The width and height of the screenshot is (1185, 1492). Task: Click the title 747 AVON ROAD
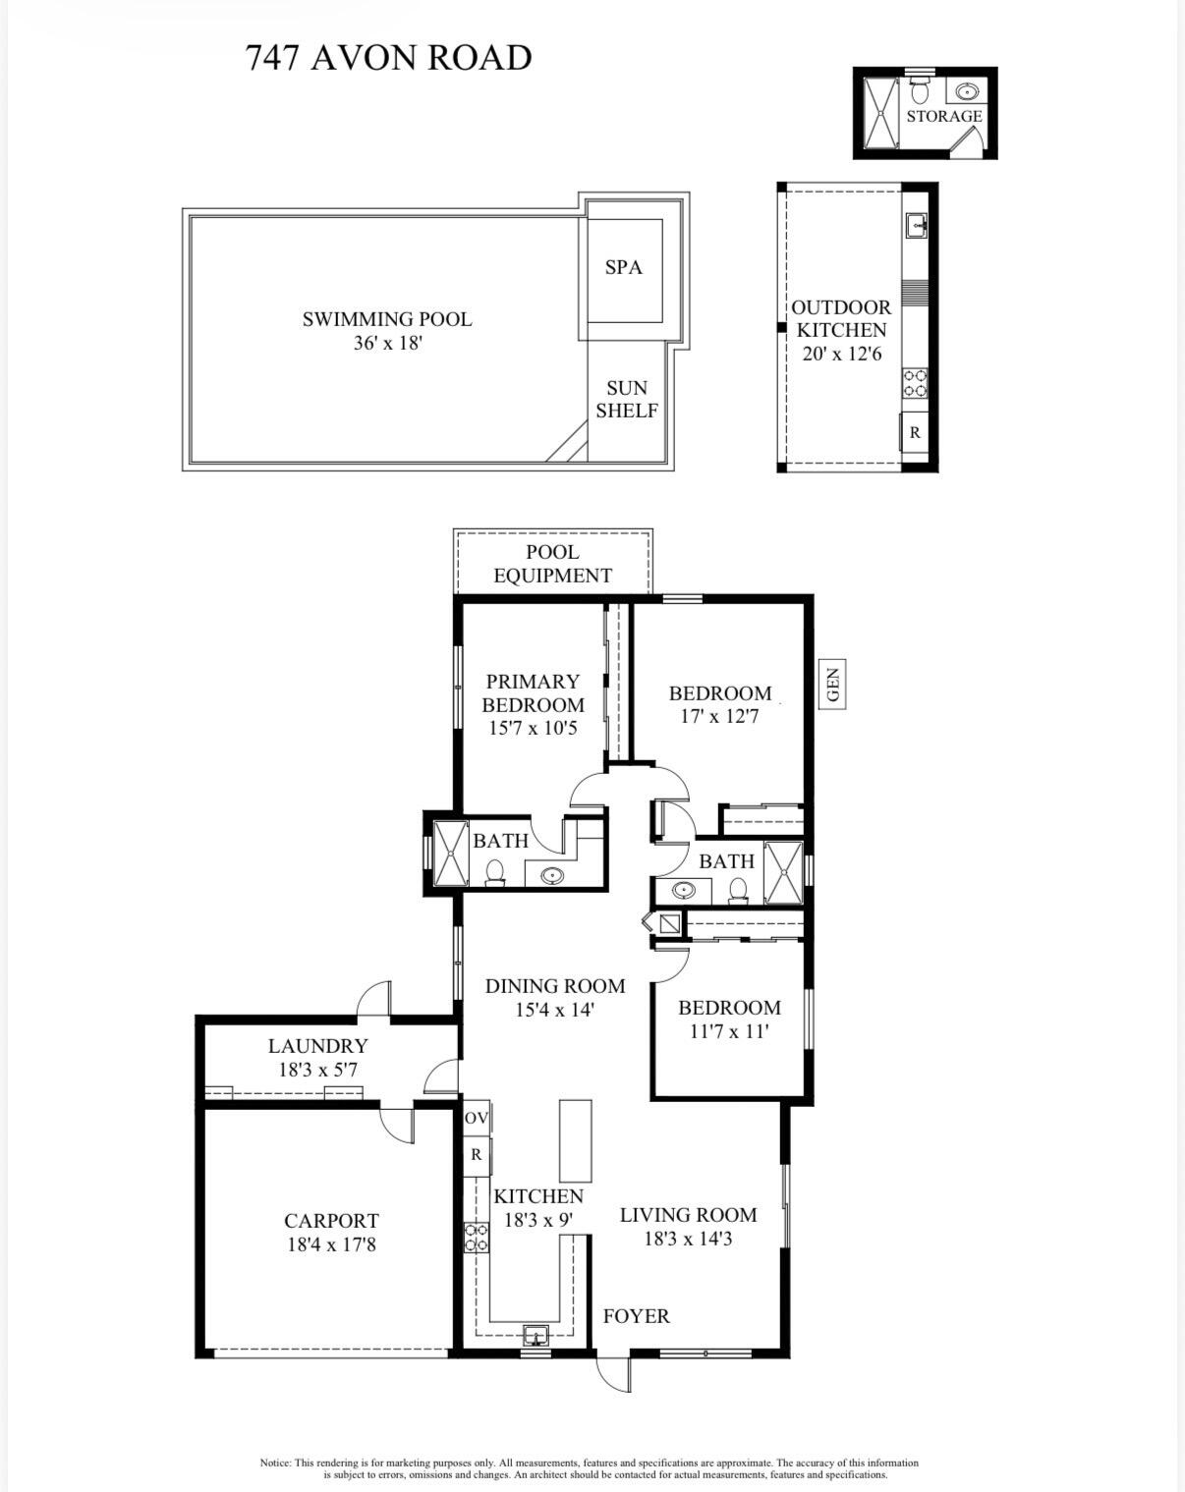click(x=388, y=58)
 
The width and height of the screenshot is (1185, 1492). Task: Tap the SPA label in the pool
click(x=623, y=267)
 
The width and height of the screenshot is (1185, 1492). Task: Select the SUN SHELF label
click(x=626, y=400)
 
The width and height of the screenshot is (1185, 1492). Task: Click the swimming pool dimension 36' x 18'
click(x=387, y=344)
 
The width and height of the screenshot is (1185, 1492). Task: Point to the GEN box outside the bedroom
click(x=833, y=685)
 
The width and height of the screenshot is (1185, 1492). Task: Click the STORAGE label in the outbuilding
click(x=943, y=116)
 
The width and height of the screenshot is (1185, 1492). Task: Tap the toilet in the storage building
click(x=920, y=92)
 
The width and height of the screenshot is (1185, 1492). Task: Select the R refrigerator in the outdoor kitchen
click(x=915, y=432)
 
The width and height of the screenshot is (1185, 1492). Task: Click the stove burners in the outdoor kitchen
click(x=915, y=383)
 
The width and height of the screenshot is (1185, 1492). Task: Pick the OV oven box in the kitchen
click(x=477, y=1119)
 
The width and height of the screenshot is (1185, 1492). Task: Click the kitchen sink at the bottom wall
click(x=536, y=1335)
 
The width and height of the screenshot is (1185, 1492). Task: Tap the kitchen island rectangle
click(x=576, y=1140)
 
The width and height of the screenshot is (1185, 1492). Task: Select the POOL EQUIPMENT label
click(x=552, y=564)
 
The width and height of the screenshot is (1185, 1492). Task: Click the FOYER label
click(x=636, y=1316)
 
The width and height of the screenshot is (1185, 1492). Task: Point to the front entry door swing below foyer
click(x=613, y=1374)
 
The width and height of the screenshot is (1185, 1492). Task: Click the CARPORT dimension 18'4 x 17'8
click(x=330, y=1244)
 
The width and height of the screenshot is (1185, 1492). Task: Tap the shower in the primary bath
click(x=451, y=853)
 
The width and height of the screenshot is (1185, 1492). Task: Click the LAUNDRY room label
click(x=317, y=1046)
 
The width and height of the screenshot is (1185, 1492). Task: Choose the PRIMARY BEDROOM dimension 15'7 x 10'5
click(x=533, y=729)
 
